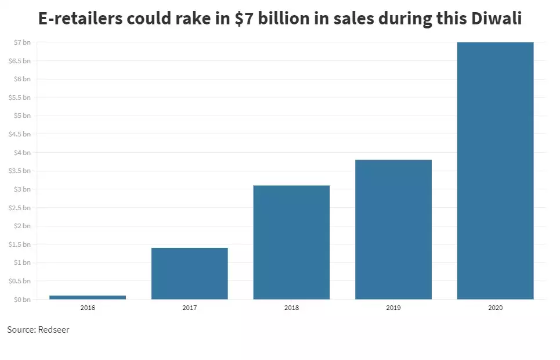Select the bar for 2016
[88, 297]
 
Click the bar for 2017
[189, 273]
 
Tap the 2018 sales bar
[291, 242]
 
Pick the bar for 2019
[393, 229]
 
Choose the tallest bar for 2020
[495, 171]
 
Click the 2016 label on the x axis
[88, 308]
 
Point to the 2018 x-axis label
[291, 308]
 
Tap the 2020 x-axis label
[495, 308]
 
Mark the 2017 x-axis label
[189, 308]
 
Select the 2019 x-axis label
[393, 308]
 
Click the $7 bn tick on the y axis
[23, 42]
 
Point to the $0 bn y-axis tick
[23, 300]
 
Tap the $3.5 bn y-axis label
[20, 171]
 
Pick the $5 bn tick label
[23, 116]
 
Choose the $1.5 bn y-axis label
[20, 244]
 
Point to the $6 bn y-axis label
[23, 79]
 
